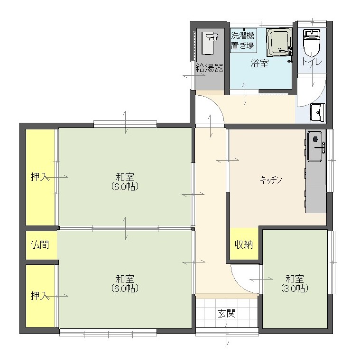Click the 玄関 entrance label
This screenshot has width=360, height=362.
click(x=227, y=314)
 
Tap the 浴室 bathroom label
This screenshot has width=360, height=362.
click(x=259, y=63)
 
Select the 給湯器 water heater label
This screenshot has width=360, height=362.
click(x=210, y=68)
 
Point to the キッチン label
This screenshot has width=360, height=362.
click(x=271, y=180)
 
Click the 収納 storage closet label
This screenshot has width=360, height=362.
click(x=244, y=244)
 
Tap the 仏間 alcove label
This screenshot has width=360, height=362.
click(x=40, y=244)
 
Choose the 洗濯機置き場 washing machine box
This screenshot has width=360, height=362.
click(x=242, y=41)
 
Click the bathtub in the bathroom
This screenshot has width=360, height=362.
click(x=279, y=43)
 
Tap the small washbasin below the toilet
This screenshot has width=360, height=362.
click(x=318, y=113)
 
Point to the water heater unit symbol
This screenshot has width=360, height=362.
click(x=210, y=43)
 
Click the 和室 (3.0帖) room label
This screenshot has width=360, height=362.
click(x=295, y=283)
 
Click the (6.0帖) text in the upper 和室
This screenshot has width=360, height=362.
click(x=125, y=187)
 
